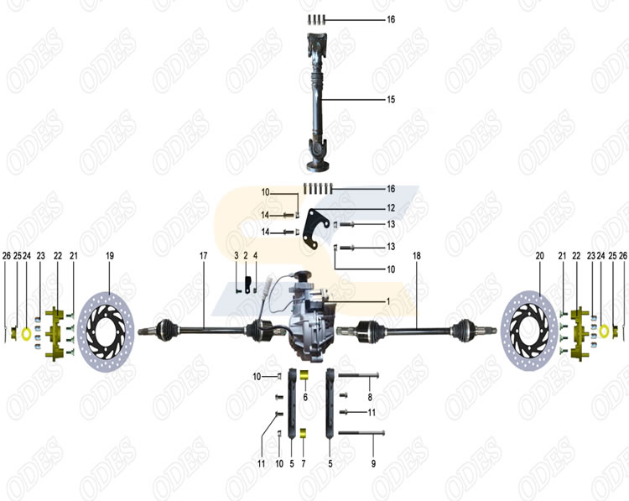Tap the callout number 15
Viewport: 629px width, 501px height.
pyautogui.click(x=391, y=100)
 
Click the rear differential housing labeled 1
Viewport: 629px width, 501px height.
pyautogui.click(x=311, y=315)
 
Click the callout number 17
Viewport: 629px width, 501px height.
pyautogui.click(x=203, y=254)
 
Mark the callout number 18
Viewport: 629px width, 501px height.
pyautogui.click(x=417, y=254)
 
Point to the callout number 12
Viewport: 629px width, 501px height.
pyautogui.click(x=391, y=207)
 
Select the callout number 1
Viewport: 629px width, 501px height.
pyautogui.click(x=387, y=300)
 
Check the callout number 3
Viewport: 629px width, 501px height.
pyautogui.click(x=237, y=254)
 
